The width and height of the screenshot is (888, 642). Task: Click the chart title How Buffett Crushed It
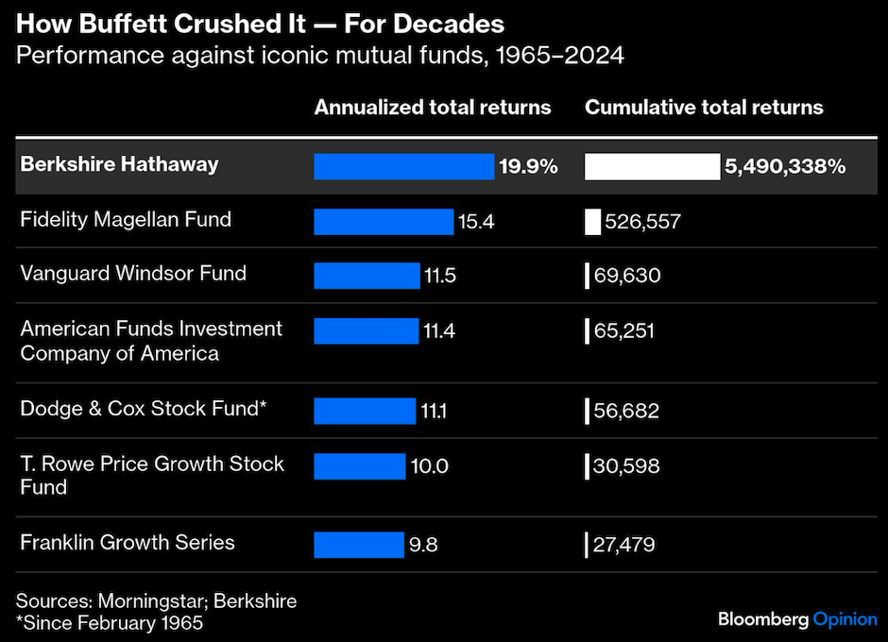(x=260, y=24)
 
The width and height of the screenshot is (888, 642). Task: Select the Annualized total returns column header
(x=432, y=108)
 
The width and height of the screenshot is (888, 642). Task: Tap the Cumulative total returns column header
(x=704, y=108)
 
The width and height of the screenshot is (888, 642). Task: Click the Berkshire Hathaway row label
(x=119, y=164)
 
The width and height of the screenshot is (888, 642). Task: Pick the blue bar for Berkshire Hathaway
(x=403, y=167)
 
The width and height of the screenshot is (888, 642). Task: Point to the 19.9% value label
(x=529, y=167)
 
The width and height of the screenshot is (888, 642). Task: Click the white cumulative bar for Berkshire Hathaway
(x=652, y=167)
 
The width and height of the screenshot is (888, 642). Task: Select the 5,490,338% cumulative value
(x=784, y=167)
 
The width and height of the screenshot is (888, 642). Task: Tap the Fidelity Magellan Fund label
(x=126, y=220)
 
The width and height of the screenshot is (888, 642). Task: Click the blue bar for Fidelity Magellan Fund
(x=383, y=222)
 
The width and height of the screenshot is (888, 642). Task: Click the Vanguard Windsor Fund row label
(x=133, y=274)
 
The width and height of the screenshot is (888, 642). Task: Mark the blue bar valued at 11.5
(x=366, y=276)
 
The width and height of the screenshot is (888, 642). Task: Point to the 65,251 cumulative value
(x=623, y=330)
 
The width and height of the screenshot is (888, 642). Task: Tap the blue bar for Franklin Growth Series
(x=358, y=545)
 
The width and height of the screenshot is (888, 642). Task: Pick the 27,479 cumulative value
(x=623, y=545)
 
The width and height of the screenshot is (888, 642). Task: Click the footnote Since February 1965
(x=111, y=623)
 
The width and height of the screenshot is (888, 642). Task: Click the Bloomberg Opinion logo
(x=796, y=619)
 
